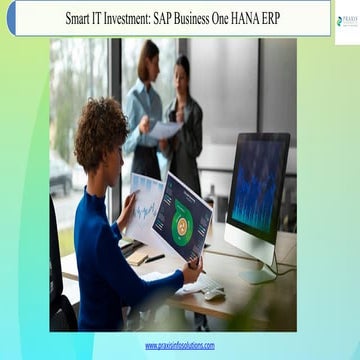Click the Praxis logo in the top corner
click(346, 19)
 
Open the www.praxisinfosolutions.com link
click(179, 345)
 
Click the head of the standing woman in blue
click(148, 55)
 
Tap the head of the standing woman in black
click(183, 68)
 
